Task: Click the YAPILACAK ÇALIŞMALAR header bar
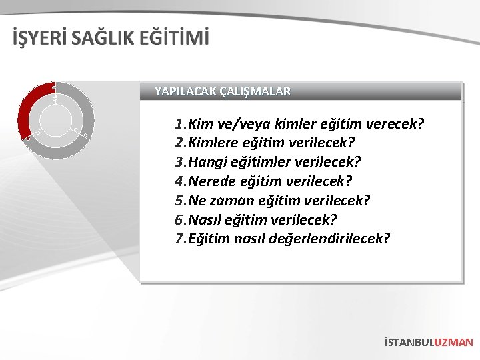pos(301,91)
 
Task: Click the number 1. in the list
pos(181,124)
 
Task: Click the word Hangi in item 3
pos(208,162)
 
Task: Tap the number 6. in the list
pos(181,219)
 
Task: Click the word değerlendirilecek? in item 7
pos(329,239)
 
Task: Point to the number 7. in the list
pos(181,239)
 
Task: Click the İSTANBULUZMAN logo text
pos(429,342)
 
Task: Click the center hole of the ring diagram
pos(56,120)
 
